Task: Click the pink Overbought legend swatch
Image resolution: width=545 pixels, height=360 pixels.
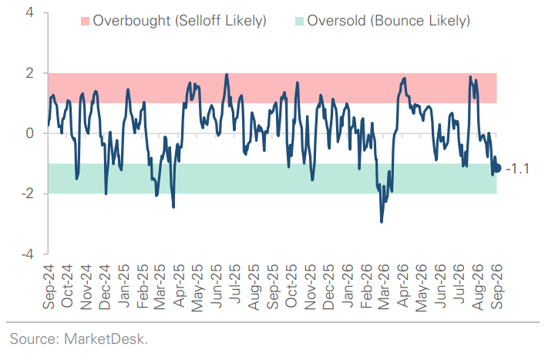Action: click(85, 21)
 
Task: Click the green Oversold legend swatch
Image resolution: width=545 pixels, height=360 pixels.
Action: click(299, 21)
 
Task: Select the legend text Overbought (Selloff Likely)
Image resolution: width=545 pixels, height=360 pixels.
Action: click(180, 21)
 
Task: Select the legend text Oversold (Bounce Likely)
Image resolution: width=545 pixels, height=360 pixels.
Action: click(389, 21)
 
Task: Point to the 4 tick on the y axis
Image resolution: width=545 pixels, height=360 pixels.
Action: click(30, 13)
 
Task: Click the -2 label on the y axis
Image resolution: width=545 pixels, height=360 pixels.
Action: click(28, 194)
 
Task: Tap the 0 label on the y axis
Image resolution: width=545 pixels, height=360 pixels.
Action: click(30, 133)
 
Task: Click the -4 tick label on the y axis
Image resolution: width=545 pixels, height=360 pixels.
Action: click(28, 254)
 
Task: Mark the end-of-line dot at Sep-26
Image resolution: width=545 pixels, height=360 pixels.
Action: click(497, 168)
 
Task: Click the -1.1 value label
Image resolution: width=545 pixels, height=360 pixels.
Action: click(517, 169)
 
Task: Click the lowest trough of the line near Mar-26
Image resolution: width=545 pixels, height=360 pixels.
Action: click(382, 222)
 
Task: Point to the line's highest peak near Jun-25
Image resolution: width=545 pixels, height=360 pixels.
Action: click(227, 74)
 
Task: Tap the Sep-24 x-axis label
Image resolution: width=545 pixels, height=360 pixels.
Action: click(49, 287)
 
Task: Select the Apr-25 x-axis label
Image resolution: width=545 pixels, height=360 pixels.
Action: click(179, 286)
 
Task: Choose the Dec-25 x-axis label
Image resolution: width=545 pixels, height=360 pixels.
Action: click(328, 287)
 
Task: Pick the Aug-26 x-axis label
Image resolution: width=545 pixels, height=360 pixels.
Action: click(478, 288)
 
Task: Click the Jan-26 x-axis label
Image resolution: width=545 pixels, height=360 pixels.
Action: click(347, 286)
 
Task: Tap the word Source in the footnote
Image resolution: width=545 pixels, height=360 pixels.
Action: click(35, 339)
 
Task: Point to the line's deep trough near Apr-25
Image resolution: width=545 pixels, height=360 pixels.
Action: click(173, 207)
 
